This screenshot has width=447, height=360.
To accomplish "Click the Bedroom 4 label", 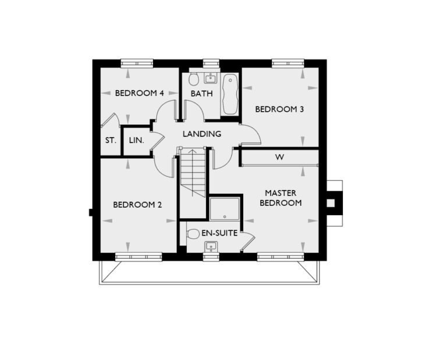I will coord(139,93).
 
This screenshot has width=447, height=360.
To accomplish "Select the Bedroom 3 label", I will coord(279,109).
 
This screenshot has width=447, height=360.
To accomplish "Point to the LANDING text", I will coord(201,134).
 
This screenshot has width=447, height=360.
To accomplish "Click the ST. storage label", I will coord(110,140).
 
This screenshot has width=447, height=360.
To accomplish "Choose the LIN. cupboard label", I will coord(136,140).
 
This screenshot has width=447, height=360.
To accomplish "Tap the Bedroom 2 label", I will coord(137,205).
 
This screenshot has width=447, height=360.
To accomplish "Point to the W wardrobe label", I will coord(279,157).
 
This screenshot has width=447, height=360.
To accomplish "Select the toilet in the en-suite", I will coord(193,234).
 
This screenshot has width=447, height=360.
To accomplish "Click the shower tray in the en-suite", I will coord(224,209).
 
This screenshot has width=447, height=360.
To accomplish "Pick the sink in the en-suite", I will coord(210,247).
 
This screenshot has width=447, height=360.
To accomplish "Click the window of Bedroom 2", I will coord(138,256).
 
